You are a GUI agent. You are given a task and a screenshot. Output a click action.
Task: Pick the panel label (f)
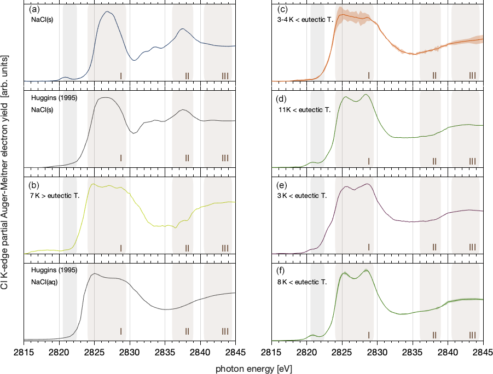click(x=283, y=271)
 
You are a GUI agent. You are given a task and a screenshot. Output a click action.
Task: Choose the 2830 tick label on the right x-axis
click(x=377, y=352)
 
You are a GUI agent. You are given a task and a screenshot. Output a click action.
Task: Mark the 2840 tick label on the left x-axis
click(x=200, y=352)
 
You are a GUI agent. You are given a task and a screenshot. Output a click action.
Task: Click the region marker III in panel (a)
click(x=225, y=75)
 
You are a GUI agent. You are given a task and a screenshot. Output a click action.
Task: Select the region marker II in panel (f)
click(x=434, y=334)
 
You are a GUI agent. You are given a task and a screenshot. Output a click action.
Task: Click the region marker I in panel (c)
click(x=369, y=75)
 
